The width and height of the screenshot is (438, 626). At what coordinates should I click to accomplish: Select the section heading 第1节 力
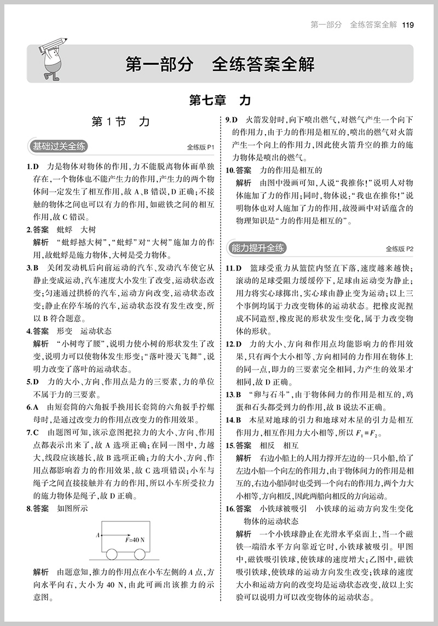(120, 122)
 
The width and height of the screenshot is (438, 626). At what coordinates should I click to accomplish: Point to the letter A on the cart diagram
(97, 535)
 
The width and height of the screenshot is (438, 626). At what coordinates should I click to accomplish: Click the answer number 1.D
(32, 166)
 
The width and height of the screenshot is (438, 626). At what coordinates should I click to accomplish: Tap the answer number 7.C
(32, 433)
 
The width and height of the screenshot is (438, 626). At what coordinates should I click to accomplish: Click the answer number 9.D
(232, 120)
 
